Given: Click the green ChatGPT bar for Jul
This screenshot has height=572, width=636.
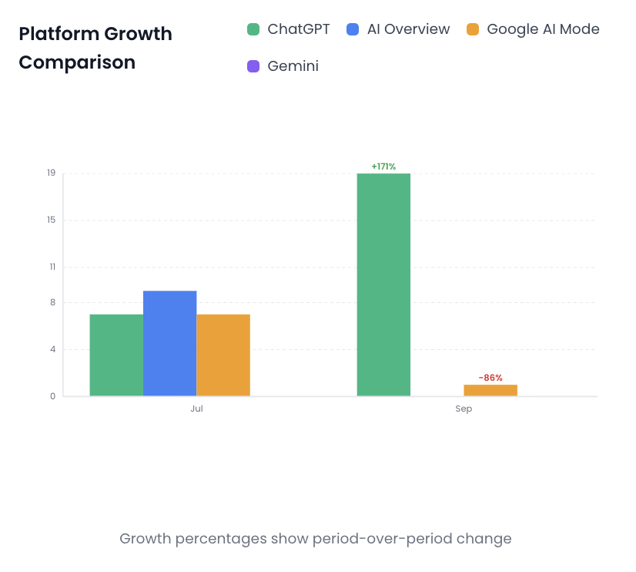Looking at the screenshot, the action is [x=116, y=355].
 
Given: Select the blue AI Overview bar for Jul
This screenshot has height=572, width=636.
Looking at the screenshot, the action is [x=170, y=344].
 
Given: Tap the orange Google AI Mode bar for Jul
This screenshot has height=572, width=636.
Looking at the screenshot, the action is [x=223, y=355].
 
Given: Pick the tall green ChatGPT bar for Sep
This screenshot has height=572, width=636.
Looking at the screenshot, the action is [x=383, y=284].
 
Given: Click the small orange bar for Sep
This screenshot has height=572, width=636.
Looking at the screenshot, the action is [x=490, y=390].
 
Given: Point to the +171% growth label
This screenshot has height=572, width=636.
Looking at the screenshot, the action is [x=383, y=167].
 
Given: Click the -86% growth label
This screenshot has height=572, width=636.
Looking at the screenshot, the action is [x=490, y=378].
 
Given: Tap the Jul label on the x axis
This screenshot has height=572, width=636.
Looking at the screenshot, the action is [x=196, y=409].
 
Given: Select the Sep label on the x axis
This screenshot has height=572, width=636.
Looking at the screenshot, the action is [x=464, y=409].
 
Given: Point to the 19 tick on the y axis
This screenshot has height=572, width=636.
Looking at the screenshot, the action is [x=51, y=173].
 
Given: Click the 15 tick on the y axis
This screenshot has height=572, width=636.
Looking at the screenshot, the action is [x=51, y=220].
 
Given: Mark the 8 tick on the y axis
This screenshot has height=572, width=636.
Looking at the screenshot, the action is [x=52, y=302].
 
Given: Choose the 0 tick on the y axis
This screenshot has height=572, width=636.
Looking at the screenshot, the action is [x=52, y=396].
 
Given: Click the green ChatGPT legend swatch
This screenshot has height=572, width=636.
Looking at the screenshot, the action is [x=253, y=29].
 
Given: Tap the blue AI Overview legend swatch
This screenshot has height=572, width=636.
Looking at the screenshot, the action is [x=353, y=29].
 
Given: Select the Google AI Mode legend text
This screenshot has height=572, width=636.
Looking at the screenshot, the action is [x=543, y=29].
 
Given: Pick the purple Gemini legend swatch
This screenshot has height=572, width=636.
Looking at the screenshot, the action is [x=253, y=66].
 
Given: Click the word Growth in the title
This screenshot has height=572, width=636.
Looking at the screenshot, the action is [x=138, y=34].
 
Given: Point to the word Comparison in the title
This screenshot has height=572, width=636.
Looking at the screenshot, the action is [x=77, y=62].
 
